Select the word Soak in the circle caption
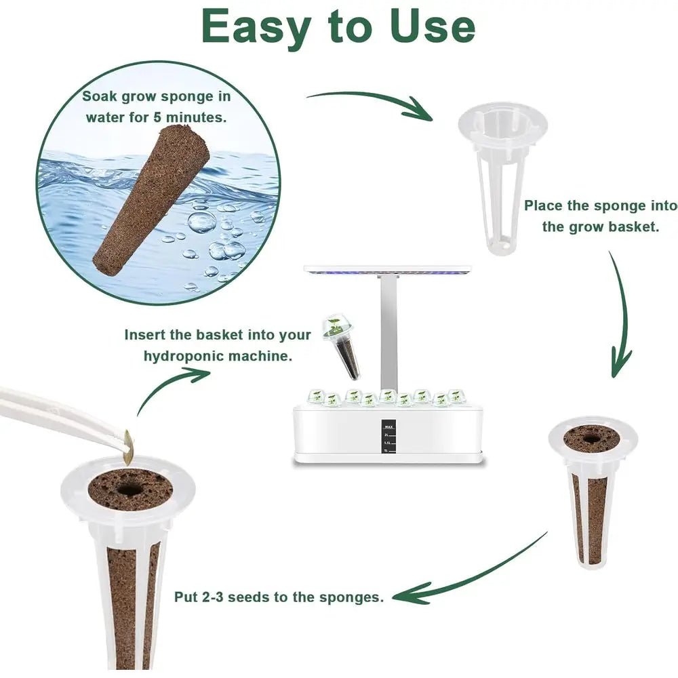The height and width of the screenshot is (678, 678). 99,96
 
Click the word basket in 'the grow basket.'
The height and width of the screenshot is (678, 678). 633,227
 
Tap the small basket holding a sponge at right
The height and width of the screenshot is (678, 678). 591,488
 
